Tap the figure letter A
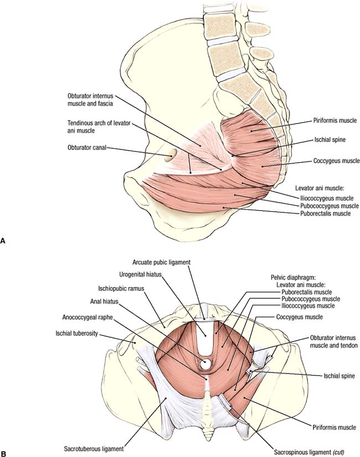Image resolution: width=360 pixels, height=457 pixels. (3, 241)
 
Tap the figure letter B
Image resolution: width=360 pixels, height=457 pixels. (3, 453)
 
